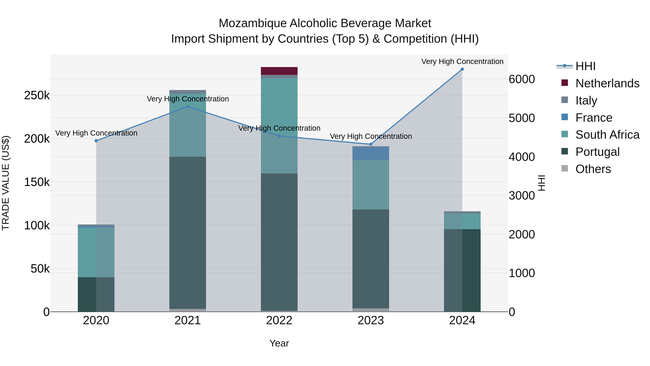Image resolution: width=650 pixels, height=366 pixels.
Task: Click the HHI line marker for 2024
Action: coord(462,69)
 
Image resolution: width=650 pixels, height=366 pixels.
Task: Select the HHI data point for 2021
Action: coord(187,107)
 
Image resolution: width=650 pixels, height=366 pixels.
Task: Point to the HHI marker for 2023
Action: coord(371,144)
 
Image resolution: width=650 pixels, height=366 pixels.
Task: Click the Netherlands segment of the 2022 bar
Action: coord(279,71)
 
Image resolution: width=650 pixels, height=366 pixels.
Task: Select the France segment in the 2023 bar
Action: coord(371,153)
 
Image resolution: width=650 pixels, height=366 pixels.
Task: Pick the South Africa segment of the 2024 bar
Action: coord(462,221)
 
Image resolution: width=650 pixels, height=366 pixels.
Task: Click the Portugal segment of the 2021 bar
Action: coord(187,232)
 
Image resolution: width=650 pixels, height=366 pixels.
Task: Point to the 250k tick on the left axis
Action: coord(37,95)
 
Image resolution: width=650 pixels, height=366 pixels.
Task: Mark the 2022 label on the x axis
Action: coord(279,320)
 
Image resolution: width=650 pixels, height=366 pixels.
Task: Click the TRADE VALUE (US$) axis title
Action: coord(6,183)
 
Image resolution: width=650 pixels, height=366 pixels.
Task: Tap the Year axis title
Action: coord(279,343)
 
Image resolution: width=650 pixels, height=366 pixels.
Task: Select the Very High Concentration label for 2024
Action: coord(462,61)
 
